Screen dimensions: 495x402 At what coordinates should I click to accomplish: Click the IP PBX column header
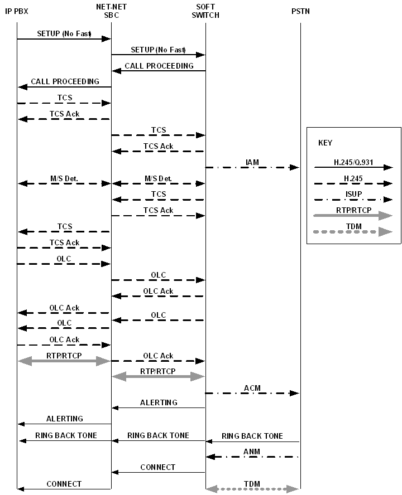tap(17, 11)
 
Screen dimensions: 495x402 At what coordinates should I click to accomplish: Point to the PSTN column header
tap(300, 11)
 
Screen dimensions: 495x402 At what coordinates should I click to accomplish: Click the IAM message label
tap(252, 163)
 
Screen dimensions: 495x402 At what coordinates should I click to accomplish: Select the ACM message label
tap(252, 388)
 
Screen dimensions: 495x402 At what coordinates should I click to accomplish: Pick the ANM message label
tap(252, 452)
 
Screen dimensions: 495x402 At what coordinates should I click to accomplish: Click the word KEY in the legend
tap(325, 143)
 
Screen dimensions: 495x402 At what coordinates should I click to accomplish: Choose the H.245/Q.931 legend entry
tap(353, 162)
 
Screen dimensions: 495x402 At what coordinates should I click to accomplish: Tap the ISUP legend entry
tap(353, 194)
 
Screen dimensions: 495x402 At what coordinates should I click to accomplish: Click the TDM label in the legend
tap(353, 226)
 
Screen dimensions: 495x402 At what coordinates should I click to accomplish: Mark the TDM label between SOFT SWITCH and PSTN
tap(252, 484)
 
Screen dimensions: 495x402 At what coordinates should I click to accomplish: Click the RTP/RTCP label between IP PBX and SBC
tap(64, 355)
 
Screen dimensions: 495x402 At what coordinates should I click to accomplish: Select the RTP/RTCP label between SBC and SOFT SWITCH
tap(157, 371)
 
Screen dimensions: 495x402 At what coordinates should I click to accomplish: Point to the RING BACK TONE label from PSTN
tap(252, 436)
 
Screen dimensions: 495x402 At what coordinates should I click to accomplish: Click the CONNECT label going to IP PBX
tap(64, 484)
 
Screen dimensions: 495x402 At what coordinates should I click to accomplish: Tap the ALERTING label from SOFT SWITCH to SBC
tap(159, 402)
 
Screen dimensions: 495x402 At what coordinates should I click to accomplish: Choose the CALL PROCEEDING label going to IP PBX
tap(65, 81)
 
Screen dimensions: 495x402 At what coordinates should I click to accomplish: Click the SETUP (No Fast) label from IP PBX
tap(64, 33)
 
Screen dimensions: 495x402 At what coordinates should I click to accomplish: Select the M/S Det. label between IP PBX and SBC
tap(64, 178)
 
